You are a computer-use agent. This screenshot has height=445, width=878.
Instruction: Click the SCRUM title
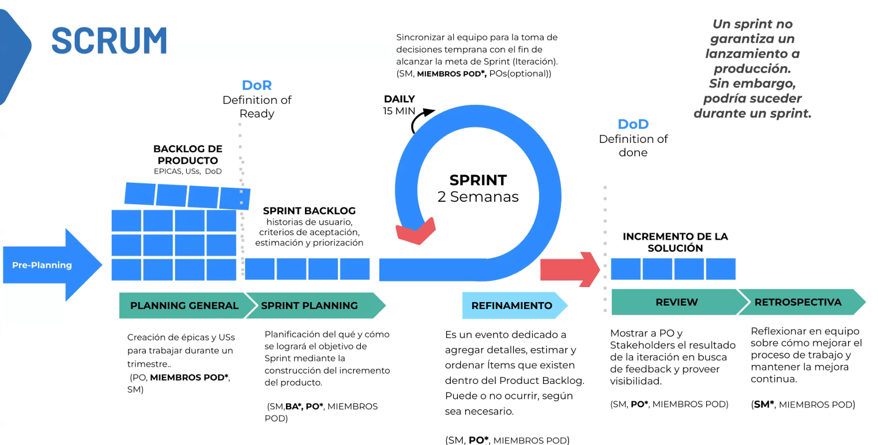pyautogui.click(x=110, y=40)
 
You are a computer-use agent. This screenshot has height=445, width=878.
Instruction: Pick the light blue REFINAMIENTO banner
pyautogui.click(x=512, y=306)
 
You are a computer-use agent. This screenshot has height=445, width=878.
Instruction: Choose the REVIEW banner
pyautogui.click(x=676, y=302)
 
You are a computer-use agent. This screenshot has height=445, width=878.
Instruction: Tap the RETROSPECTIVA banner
pyautogui.click(x=798, y=302)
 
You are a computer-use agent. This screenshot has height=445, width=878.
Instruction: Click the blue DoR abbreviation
pyautogui.click(x=257, y=85)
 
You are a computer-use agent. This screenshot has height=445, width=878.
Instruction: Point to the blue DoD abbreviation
pyautogui.click(x=633, y=125)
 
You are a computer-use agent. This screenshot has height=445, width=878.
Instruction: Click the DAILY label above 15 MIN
pyautogui.click(x=400, y=99)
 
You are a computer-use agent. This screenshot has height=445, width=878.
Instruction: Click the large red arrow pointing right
pyautogui.click(x=570, y=269)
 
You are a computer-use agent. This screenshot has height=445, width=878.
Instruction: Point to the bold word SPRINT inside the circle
pyautogui.click(x=478, y=180)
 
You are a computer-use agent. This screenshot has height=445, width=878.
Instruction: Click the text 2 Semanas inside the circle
pyautogui.click(x=478, y=197)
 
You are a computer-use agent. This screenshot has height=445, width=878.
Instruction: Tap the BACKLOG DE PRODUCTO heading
pyautogui.click(x=187, y=154)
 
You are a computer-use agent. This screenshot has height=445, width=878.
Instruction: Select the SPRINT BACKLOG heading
pyautogui.click(x=309, y=211)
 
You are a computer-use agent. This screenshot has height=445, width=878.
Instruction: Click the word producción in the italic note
pyautogui.click(x=752, y=69)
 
